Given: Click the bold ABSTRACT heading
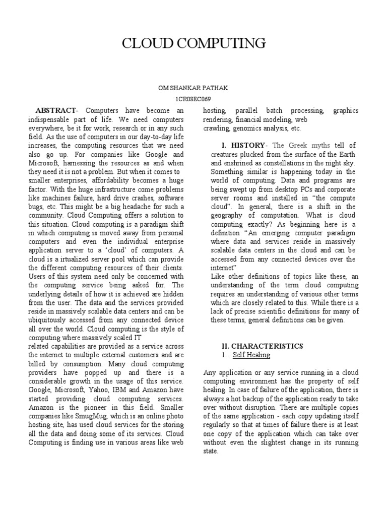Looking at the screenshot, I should click(55, 110).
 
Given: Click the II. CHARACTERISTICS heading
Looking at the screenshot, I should click(262, 346).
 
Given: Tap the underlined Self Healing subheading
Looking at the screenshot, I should click(251, 355).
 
